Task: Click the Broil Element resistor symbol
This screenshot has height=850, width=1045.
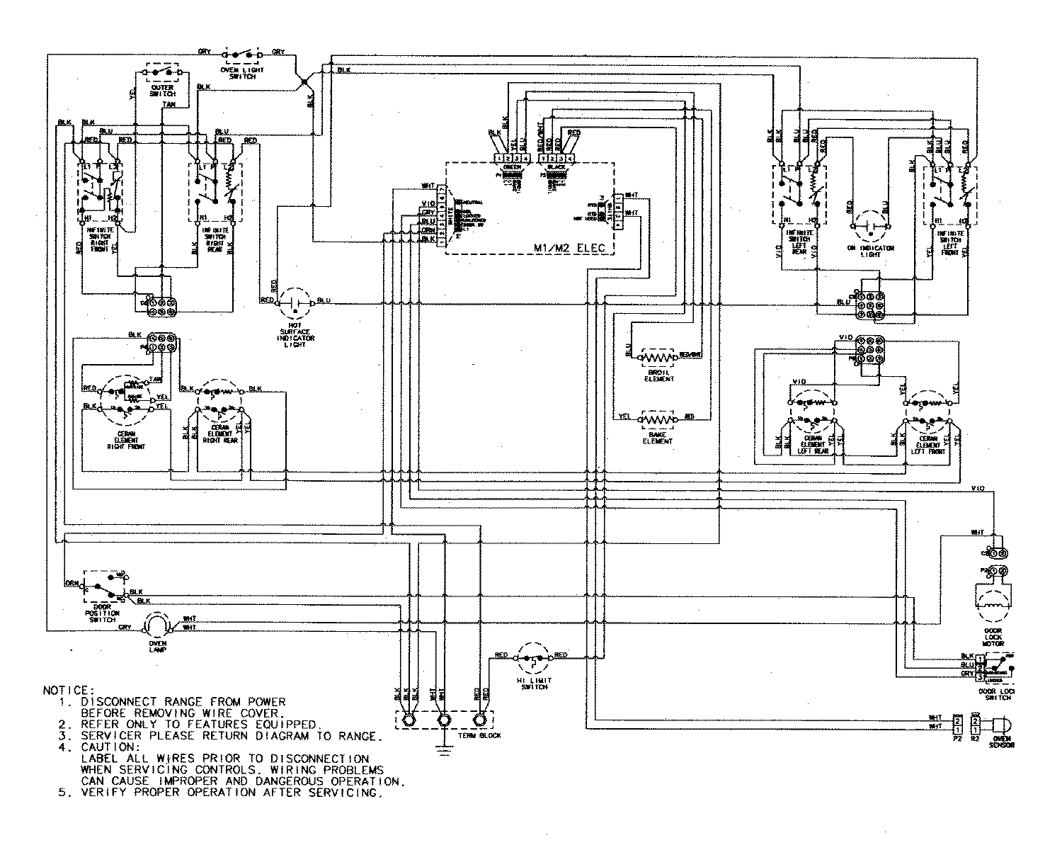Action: (x=658, y=354)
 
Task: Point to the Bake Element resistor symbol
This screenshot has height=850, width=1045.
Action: (x=658, y=419)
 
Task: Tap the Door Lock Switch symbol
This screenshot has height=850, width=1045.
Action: (x=1000, y=667)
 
